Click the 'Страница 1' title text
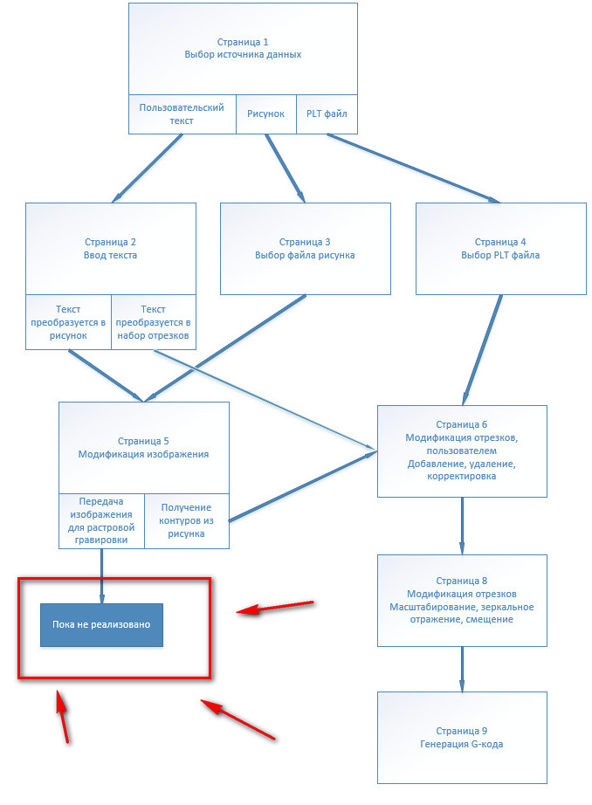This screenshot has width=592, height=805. coord(243,42)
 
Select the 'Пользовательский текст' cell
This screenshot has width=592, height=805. coord(182,114)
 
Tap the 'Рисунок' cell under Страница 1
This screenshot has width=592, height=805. coord(265,114)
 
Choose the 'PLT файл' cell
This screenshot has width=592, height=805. coord(327,114)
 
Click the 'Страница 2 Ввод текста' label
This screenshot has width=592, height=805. coord(110,248)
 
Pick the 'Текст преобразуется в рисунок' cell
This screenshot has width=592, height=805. coord(68,322)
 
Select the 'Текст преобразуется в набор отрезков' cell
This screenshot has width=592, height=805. coord(153,322)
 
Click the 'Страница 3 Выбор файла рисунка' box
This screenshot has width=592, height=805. coord(305,248)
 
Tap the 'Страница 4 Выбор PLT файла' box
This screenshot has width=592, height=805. coord(500,248)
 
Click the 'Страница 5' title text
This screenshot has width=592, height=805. coord(143,441)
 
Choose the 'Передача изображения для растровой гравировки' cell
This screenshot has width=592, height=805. coord(101,521)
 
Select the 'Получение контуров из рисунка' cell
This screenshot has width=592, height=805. coord(186,521)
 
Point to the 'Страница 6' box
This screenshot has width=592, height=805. coord(462,451)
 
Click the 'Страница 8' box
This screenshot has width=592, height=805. coord(462,600)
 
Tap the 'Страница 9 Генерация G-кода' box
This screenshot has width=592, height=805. coord(462,737)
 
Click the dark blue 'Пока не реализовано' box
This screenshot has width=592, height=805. coord(101,624)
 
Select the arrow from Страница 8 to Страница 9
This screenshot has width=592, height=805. coord(462,669)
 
